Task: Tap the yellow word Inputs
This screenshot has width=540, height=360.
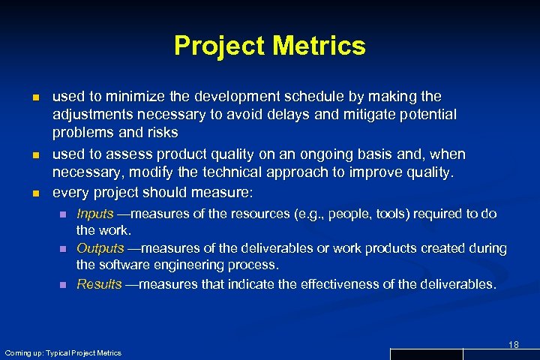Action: (x=95, y=214)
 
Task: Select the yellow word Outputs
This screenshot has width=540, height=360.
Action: (x=100, y=248)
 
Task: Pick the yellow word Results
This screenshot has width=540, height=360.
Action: (x=99, y=283)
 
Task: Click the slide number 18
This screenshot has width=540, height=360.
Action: (x=514, y=344)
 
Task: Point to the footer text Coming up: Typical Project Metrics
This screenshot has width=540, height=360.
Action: (x=63, y=352)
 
